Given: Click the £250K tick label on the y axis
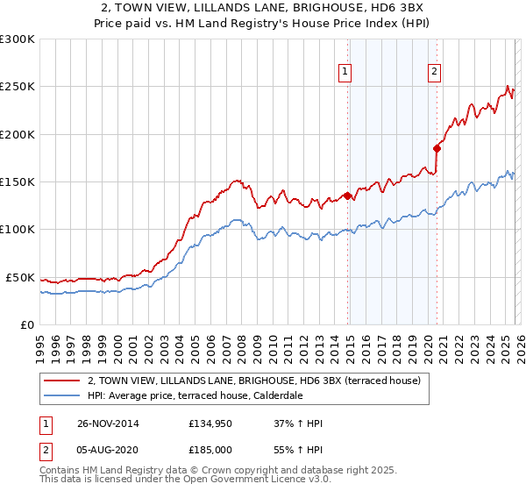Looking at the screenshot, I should click(x=18, y=87).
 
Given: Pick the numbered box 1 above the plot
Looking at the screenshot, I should click(x=345, y=74).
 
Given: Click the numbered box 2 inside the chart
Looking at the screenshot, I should click(x=434, y=74).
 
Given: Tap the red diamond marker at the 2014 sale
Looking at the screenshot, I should click(x=347, y=196).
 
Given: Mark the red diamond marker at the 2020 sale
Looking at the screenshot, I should click(x=436, y=149).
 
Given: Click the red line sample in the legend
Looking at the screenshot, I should click(x=61, y=381).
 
